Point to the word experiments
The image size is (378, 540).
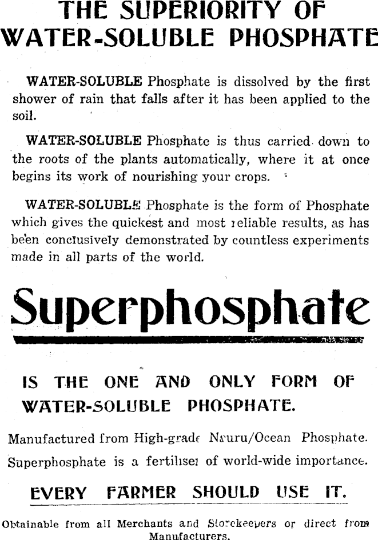click(x=332, y=240)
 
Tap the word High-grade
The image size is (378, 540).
click(x=167, y=439)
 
